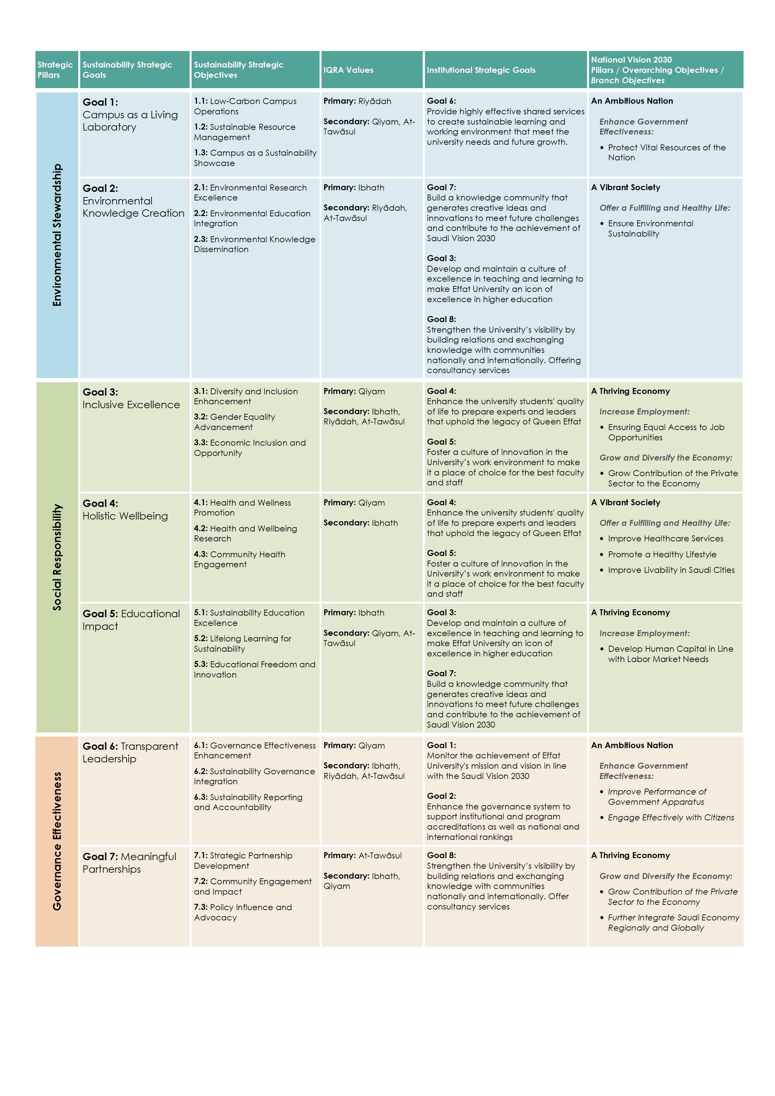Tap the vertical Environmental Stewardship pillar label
pos(57,235)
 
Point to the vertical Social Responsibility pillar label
pos(57,557)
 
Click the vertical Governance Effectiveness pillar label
pos(57,841)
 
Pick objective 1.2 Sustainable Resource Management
pos(245,132)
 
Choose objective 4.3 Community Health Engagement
pos(239,559)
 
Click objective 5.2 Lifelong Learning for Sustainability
pos(242,643)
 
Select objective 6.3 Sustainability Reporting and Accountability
pos(248,802)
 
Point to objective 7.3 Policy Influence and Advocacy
pos(243,912)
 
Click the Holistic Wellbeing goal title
pos(125,516)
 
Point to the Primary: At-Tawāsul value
pos(362,855)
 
